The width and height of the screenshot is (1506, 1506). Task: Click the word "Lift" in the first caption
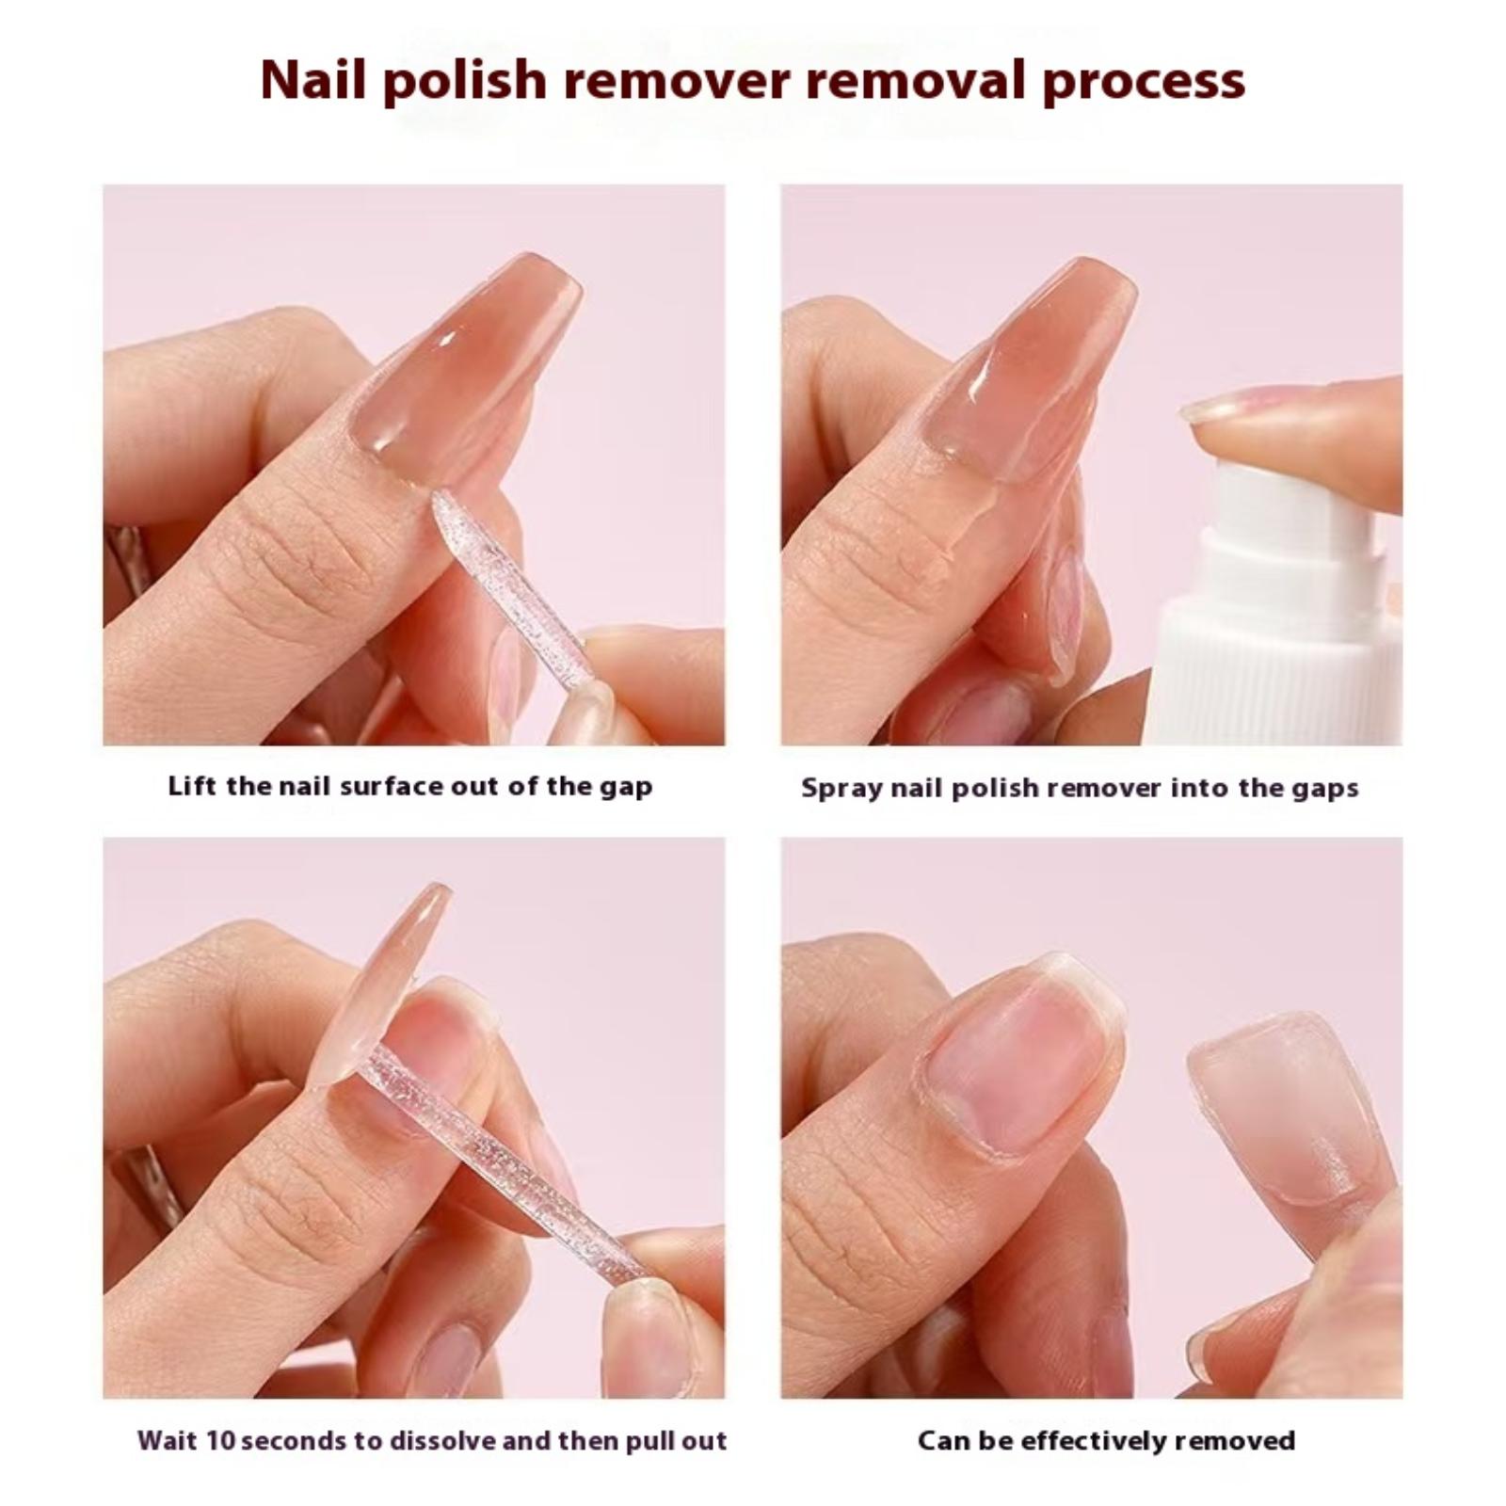click(x=193, y=786)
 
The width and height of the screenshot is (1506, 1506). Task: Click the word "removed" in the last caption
click(x=1235, y=1440)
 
